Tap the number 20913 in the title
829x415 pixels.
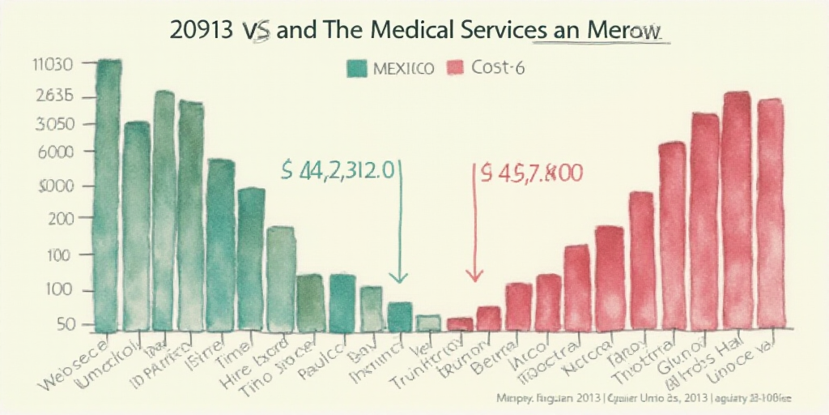205,29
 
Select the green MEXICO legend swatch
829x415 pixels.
356,68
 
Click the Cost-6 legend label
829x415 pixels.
497,68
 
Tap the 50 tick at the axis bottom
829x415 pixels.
64,324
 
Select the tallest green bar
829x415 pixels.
108,195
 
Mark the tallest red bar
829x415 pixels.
736,211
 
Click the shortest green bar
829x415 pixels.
428,323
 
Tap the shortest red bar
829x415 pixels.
460,323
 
